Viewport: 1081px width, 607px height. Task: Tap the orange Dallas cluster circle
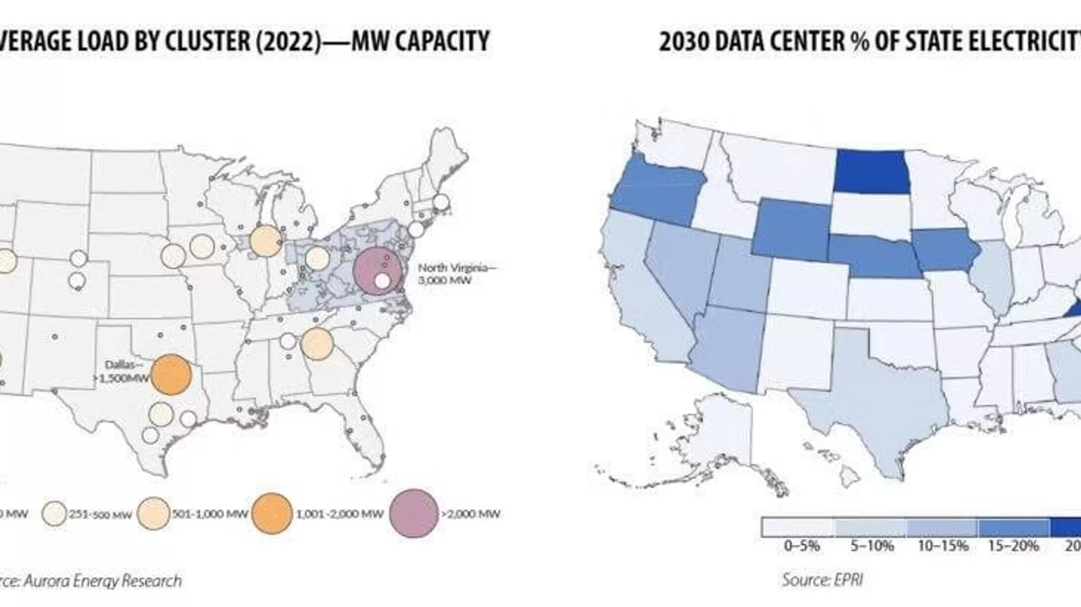coord(171,375)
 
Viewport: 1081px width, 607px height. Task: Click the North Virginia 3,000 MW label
coord(457,274)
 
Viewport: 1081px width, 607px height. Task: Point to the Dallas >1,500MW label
coord(124,372)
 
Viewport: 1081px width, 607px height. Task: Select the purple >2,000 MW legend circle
coord(414,514)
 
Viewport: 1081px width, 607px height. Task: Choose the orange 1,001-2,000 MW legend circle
coord(272,514)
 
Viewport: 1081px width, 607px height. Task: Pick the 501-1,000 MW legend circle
coord(153,514)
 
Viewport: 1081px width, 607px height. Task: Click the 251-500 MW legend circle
coord(54,514)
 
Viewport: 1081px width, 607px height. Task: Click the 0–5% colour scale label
coord(802,546)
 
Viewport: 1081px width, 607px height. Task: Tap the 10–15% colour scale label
coord(943,546)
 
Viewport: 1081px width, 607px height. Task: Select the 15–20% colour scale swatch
coord(1013,528)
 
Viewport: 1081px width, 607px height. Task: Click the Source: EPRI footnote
coord(822,579)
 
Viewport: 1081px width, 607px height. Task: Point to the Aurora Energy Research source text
coord(93,581)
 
